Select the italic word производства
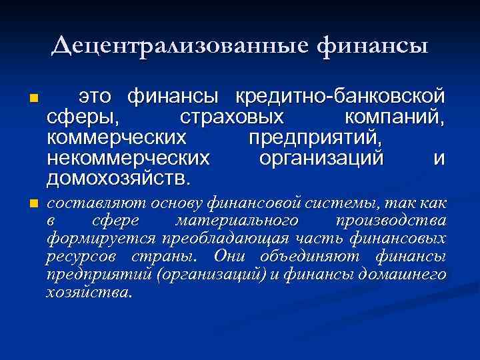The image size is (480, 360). pyautogui.click(x=391, y=220)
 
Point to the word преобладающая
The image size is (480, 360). pyautogui.click(x=249, y=238)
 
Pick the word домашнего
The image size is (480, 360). pyautogui.click(x=411, y=274)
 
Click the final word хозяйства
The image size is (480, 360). pyautogui.click(x=89, y=292)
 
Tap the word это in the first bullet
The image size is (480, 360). pyautogui.click(x=95, y=97)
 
